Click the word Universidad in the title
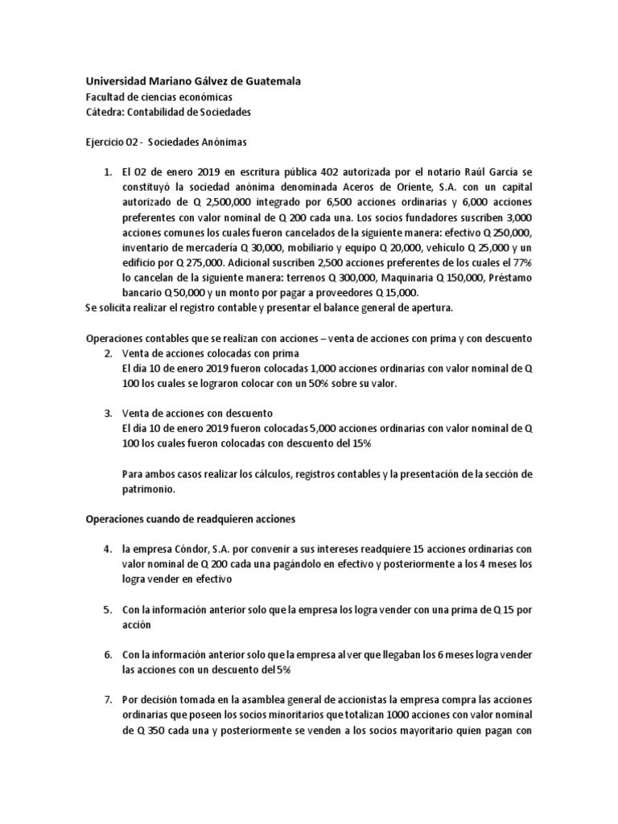(118, 81)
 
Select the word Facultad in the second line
(108, 97)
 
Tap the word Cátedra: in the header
(109, 112)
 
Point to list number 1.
(108, 172)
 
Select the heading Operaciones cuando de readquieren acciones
(192, 518)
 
